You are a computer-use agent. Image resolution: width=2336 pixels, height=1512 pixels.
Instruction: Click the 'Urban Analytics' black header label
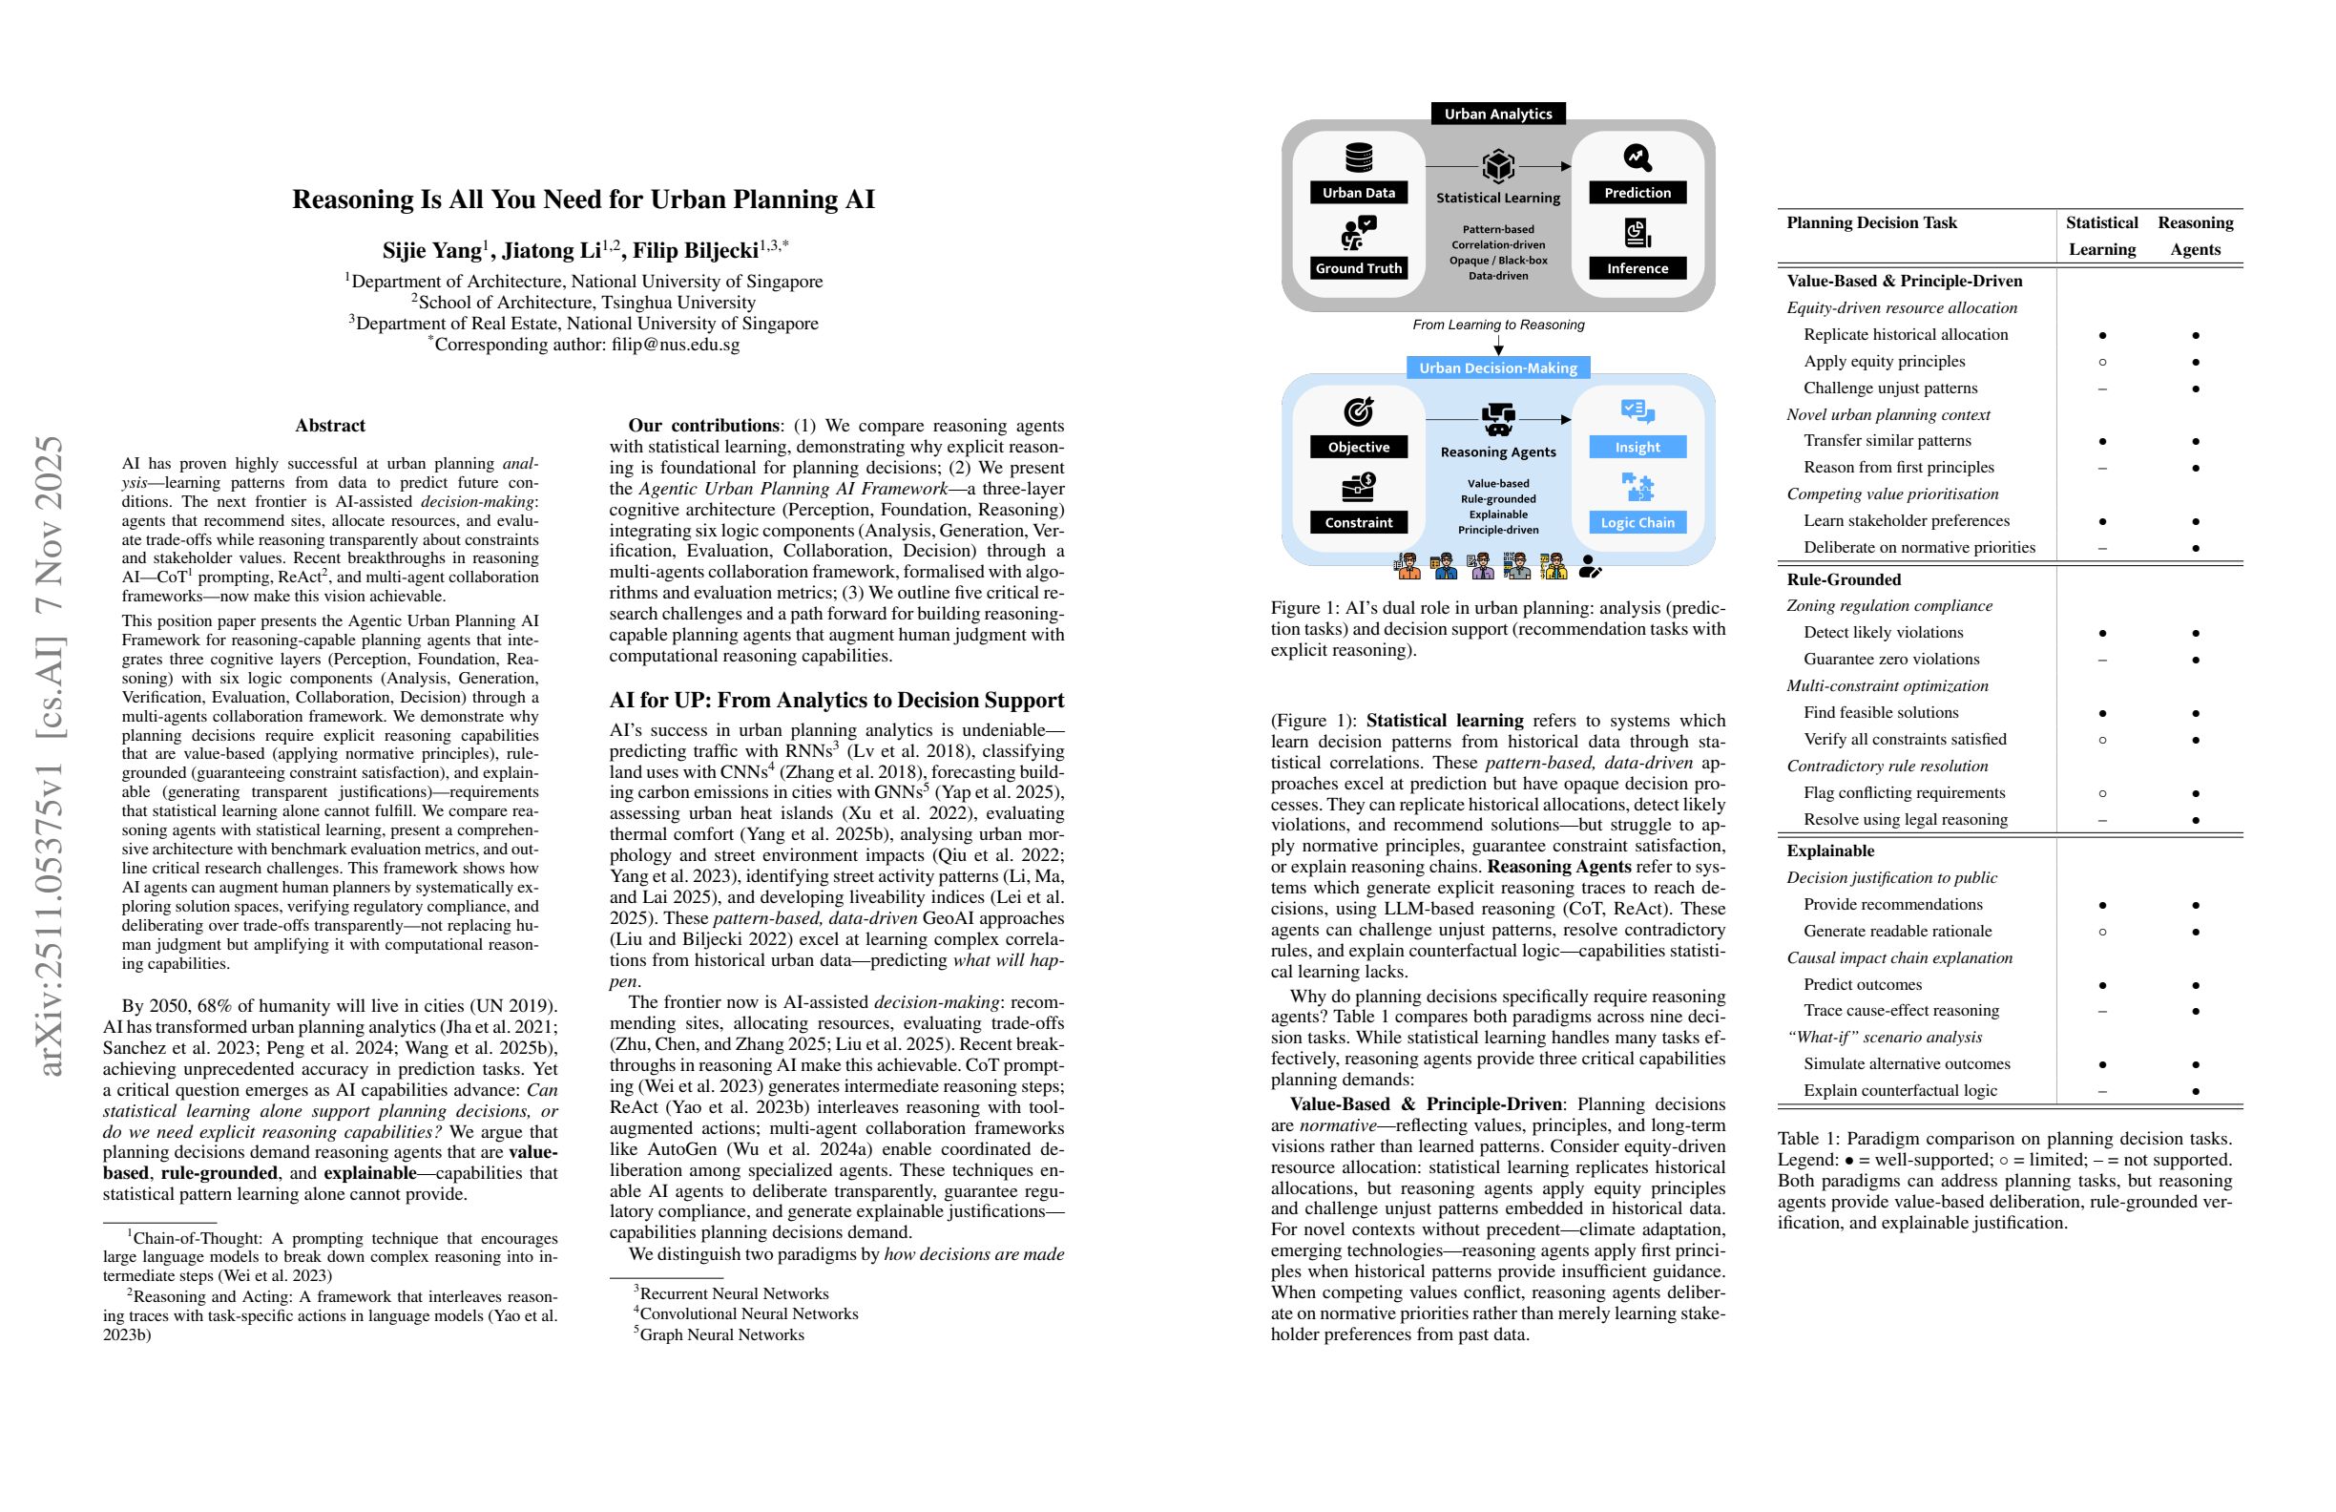pyautogui.click(x=1498, y=114)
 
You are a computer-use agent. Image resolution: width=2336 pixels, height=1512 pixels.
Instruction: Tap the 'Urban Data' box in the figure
pyautogui.click(x=1359, y=193)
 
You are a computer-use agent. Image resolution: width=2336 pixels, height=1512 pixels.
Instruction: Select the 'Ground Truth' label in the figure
pyautogui.click(x=1359, y=268)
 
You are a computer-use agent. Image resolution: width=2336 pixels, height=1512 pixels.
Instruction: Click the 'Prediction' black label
pyautogui.click(x=1637, y=193)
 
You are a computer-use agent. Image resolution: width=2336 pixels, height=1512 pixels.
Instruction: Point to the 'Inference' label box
pyautogui.click(x=1637, y=268)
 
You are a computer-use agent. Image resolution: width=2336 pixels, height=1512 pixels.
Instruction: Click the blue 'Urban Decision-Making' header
pyautogui.click(x=1498, y=368)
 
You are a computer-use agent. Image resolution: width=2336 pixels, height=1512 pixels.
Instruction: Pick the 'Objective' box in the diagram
pyautogui.click(x=1359, y=447)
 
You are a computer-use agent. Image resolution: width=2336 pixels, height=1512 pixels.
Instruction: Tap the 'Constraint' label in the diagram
pyautogui.click(x=1359, y=522)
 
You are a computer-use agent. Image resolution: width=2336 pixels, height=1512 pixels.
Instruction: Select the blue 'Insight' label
pyautogui.click(x=1637, y=447)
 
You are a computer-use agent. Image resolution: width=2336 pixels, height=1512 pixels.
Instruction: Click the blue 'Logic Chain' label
pyautogui.click(x=1637, y=522)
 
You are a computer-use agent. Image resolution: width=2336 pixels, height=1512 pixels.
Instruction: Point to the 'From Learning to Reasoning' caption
pyautogui.click(x=1498, y=325)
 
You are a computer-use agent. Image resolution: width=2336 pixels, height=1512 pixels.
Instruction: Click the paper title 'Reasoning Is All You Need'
pyautogui.click(x=583, y=199)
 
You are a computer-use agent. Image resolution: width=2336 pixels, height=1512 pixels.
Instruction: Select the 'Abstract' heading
pyautogui.click(x=330, y=425)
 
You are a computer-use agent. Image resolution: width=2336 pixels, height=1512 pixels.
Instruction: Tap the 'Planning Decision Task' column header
pyautogui.click(x=1871, y=222)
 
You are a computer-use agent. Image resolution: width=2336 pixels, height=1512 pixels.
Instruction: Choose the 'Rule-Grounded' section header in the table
pyautogui.click(x=1844, y=579)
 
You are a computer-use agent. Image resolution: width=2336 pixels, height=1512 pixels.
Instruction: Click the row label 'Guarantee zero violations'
pyautogui.click(x=1891, y=659)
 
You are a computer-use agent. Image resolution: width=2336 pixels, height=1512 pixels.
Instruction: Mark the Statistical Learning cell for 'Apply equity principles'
pyautogui.click(x=2101, y=362)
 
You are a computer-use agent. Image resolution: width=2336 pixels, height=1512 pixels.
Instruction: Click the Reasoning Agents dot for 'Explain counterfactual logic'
pyautogui.click(x=2195, y=1091)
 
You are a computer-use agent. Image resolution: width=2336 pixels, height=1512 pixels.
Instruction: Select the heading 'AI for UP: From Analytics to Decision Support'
pyautogui.click(x=836, y=700)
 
